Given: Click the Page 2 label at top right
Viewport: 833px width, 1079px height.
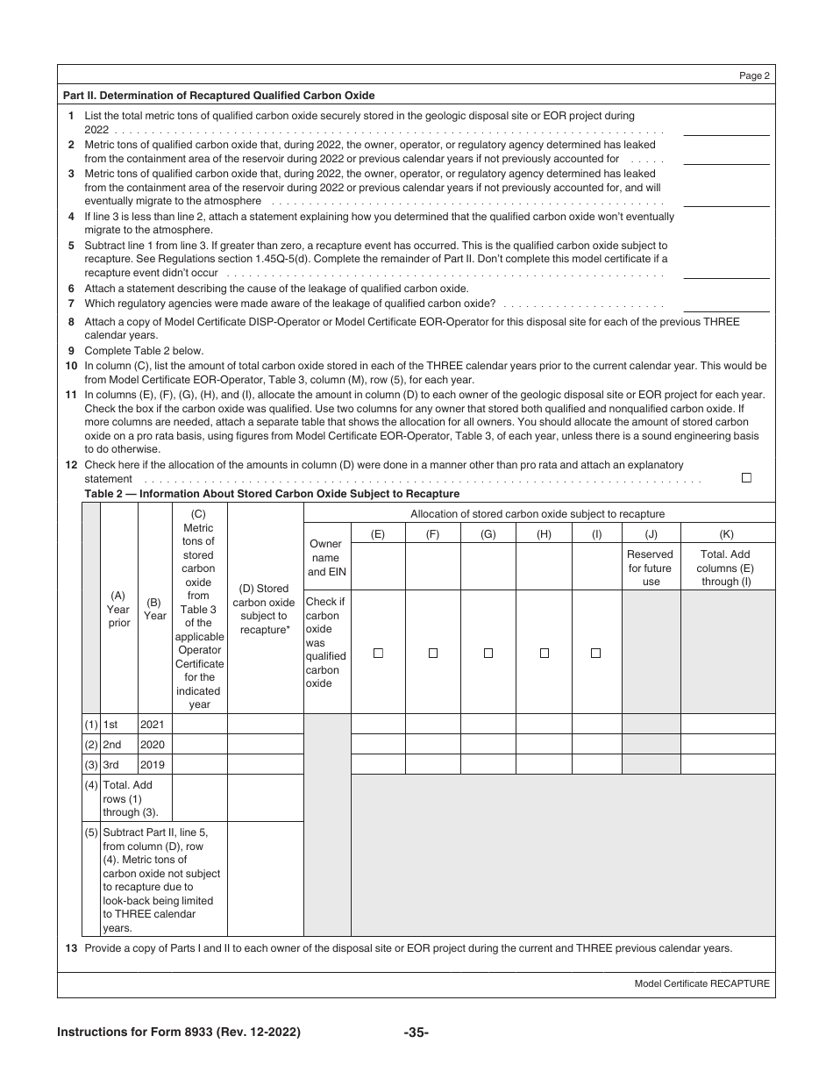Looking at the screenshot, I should [x=754, y=76].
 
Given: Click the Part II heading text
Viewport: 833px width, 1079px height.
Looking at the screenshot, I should [x=219, y=96].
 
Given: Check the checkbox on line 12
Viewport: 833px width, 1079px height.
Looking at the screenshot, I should [x=746, y=478].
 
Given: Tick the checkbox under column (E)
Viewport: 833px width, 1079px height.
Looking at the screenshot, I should [x=378, y=653].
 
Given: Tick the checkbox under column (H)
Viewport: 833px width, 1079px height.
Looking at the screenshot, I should [x=544, y=653].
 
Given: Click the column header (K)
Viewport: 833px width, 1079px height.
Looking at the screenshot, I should [x=726, y=533].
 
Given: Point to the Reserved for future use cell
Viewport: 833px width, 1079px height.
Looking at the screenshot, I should [x=651, y=568].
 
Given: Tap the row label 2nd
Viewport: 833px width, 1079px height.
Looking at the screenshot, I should [x=112, y=745].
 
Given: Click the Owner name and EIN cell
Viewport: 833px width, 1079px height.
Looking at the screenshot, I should [x=324, y=558].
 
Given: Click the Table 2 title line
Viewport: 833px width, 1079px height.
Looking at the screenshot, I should [x=272, y=494].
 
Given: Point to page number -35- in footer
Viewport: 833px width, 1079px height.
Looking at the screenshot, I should [x=416, y=1033].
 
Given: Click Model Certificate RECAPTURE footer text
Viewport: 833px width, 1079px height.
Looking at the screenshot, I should [x=701, y=983].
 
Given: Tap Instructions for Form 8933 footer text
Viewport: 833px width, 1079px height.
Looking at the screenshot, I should [x=179, y=1033].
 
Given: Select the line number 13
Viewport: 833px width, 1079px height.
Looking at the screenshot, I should [x=70, y=948].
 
